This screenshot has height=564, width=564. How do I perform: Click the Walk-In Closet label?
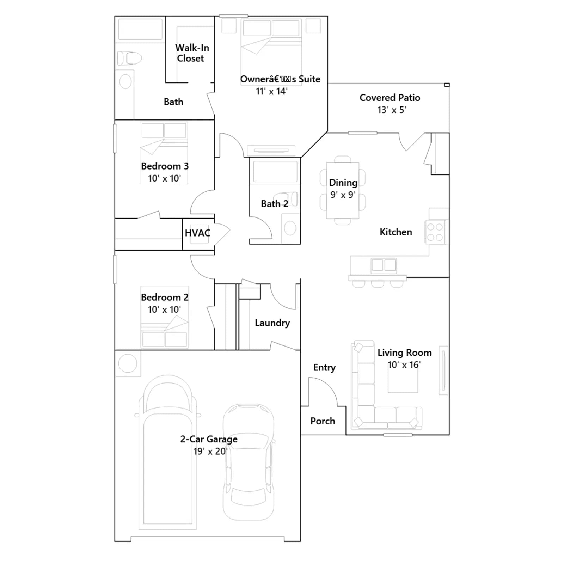192,53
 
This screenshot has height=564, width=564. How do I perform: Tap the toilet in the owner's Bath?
129,58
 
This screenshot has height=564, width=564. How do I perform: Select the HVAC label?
197,233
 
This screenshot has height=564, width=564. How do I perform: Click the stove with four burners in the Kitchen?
435,232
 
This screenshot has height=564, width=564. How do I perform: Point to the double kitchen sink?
384,265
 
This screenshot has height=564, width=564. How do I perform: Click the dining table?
343,190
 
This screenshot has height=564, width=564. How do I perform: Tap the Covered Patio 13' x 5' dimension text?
392,110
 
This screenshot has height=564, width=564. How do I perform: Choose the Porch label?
323,421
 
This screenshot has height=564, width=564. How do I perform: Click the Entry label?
324,368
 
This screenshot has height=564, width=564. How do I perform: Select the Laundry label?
272,323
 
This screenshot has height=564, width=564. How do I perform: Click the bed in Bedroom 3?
164,153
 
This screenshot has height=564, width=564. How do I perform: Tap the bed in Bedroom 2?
165,317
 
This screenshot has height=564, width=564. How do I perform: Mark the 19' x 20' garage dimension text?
210,451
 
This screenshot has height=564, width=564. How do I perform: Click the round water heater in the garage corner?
128,363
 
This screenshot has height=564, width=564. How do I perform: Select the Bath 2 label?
275,204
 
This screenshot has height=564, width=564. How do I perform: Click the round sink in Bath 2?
290,228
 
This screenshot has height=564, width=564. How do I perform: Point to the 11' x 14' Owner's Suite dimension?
271,91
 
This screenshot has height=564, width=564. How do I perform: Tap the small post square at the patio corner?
447,85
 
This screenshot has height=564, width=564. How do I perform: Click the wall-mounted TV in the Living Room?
443,370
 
